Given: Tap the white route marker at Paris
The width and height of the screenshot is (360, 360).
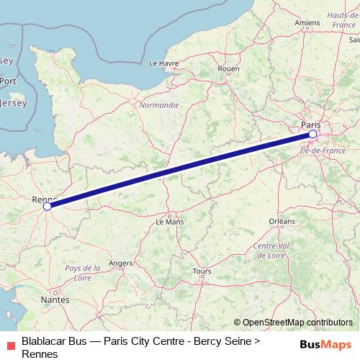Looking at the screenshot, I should [312, 134].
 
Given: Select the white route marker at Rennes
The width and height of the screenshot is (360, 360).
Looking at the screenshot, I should [48, 206].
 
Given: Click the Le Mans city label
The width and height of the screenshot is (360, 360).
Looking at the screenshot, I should [170, 222].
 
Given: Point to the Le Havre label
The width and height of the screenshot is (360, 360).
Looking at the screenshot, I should [163, 63].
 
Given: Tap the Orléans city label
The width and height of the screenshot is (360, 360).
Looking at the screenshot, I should [282, 220].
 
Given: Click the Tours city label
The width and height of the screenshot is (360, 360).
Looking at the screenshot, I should [202, 271].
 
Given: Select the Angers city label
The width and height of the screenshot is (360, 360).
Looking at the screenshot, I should [121, 263].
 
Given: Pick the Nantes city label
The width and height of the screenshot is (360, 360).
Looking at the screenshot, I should [55, 299].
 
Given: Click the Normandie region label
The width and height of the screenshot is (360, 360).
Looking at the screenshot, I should [159, 104].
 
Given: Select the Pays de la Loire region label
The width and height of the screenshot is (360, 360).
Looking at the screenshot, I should [82, 273].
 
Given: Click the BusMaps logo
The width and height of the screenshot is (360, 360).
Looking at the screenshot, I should [325, 343].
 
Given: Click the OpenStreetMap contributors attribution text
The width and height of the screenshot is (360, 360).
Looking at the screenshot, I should [293, 323].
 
